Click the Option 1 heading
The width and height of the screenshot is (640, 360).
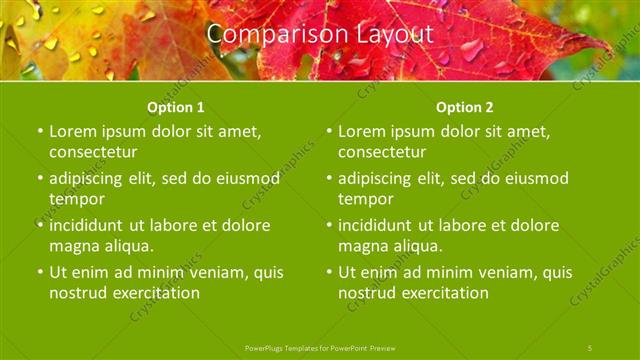[175, 107]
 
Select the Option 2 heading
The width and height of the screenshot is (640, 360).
[464, 107]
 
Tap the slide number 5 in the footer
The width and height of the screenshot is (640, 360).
[590, 347]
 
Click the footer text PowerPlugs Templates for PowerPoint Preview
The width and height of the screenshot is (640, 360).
[320, 347]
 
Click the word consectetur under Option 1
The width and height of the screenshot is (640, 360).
[92, 152]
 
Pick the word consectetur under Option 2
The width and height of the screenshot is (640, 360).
[381, 152]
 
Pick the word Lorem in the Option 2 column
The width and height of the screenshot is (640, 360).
[361, 131]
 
